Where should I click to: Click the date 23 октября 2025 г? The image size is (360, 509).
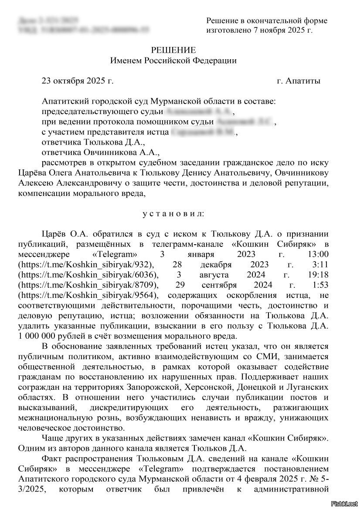click(x=77, y=81)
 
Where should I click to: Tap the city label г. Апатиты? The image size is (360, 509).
click(x=299, y=81)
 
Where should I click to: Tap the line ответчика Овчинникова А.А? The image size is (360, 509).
click(x=101, y=153)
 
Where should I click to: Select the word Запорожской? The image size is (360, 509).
click(x=153, y=387)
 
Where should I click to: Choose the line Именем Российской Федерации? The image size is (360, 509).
click(x=173, y=61)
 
